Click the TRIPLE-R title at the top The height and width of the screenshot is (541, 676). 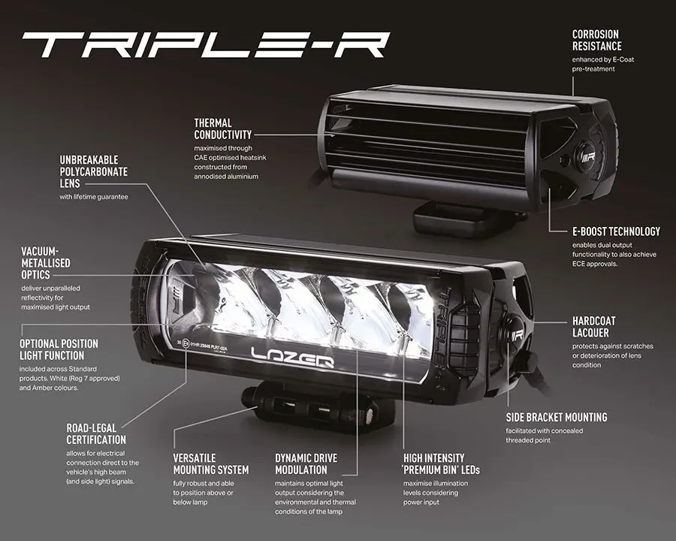click(205, 45)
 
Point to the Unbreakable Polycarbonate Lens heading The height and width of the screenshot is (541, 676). click(94, 171)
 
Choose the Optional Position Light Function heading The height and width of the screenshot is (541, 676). click(59, 349)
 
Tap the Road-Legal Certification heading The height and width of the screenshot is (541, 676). click(96, 434)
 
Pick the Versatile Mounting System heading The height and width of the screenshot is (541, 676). click(210, 464)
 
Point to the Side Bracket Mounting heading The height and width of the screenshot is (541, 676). click(557, 417)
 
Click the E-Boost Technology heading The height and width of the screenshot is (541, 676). click(605, 231)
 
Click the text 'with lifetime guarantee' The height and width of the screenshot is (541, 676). click(94, 197)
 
